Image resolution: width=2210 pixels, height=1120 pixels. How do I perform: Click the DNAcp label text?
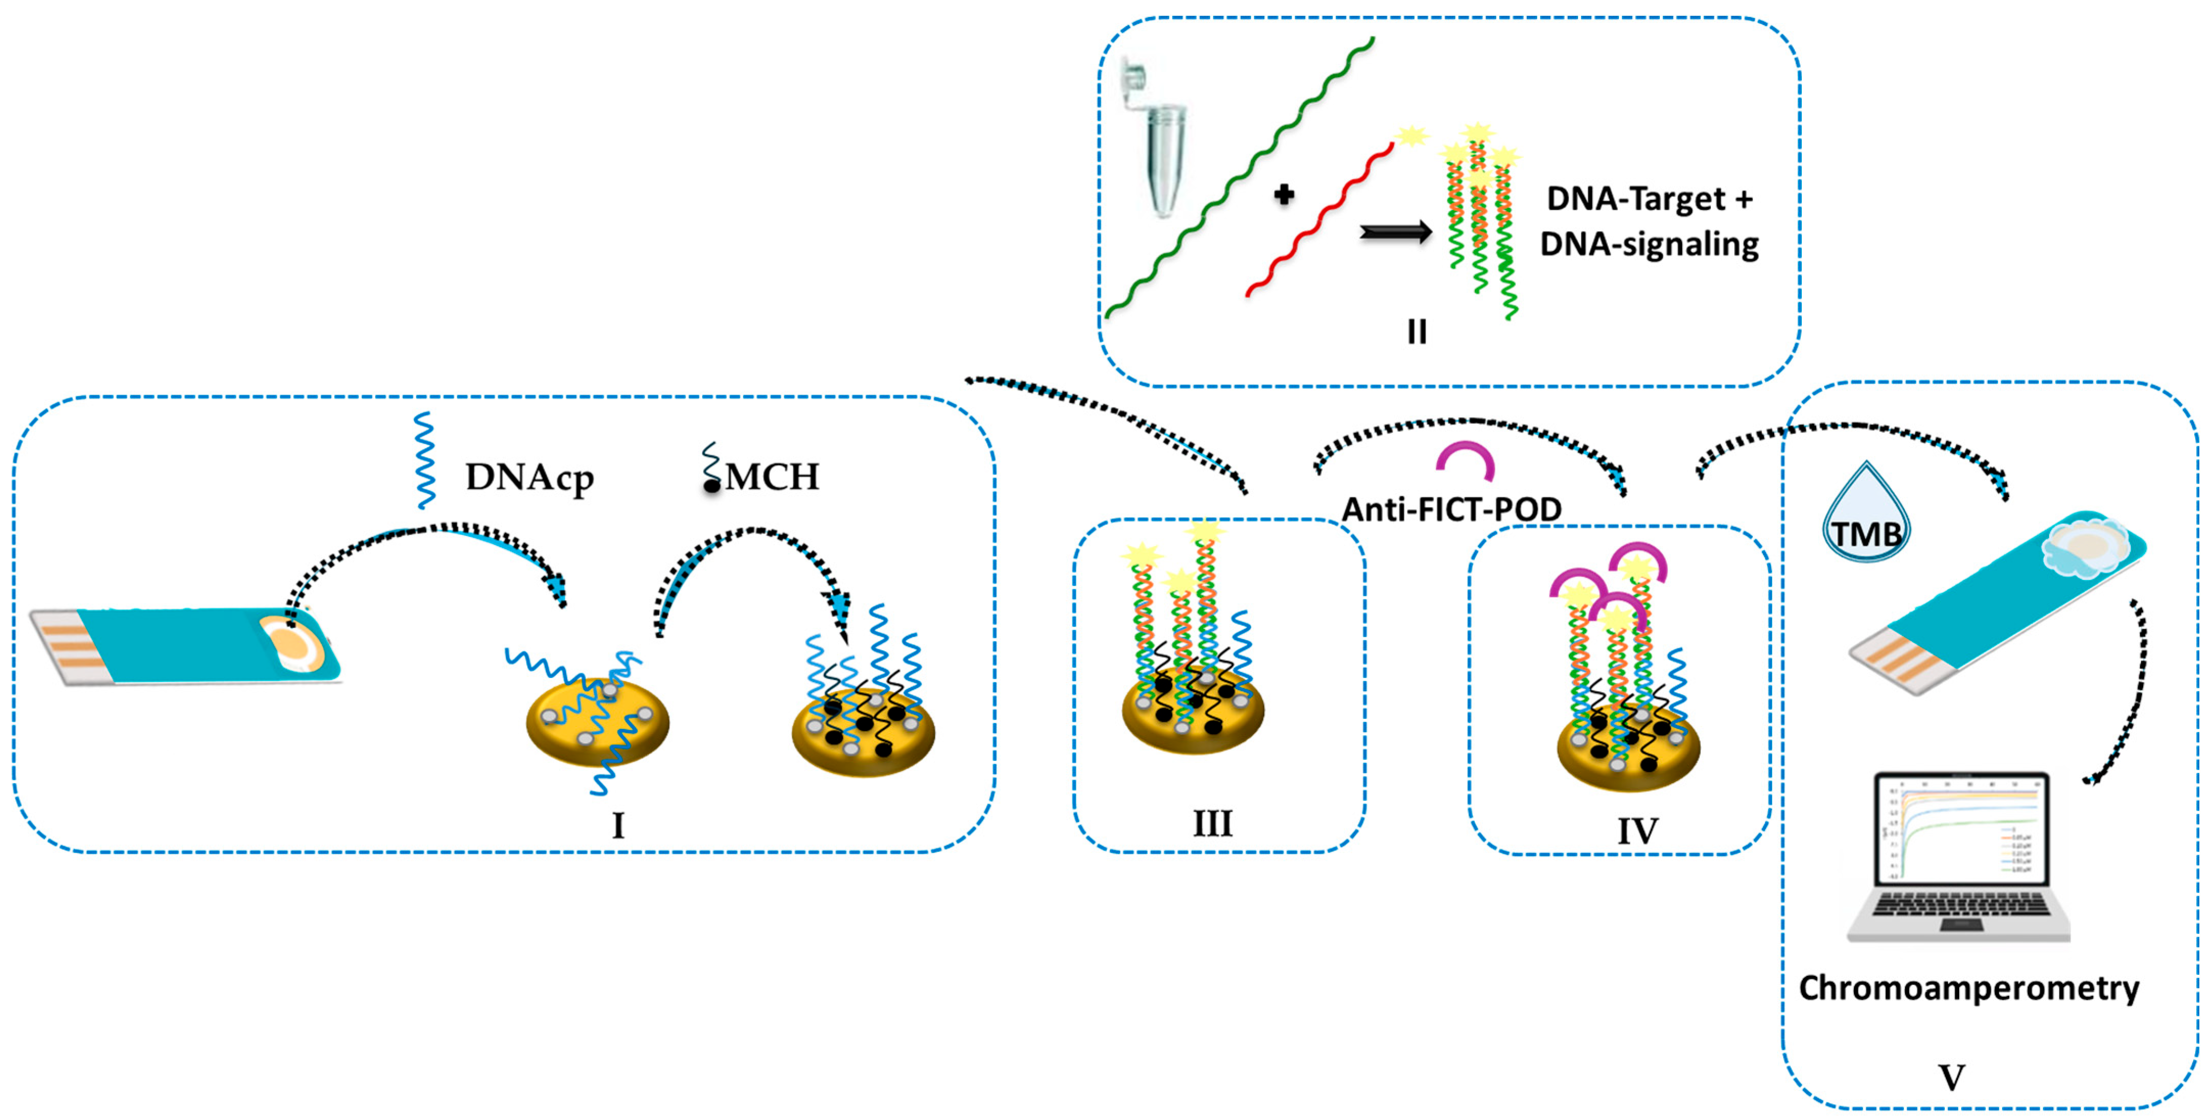[529, 477]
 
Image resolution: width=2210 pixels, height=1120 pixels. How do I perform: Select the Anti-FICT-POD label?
[1451, 510]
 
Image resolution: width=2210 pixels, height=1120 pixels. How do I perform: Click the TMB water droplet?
[1866, 515]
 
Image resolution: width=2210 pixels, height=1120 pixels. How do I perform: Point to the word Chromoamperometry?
[1969, 988]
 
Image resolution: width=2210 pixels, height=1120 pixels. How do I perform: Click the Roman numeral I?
[618, 826]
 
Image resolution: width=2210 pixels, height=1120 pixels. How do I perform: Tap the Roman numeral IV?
[1637, 831]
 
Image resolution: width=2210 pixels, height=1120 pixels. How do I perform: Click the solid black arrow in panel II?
[1396, 232]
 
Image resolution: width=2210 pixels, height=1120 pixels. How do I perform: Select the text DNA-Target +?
[1649, 199]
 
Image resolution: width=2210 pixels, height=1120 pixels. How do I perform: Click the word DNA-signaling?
[1649, 244]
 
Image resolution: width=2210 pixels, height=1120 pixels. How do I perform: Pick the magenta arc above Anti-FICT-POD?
[1466, 459]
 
